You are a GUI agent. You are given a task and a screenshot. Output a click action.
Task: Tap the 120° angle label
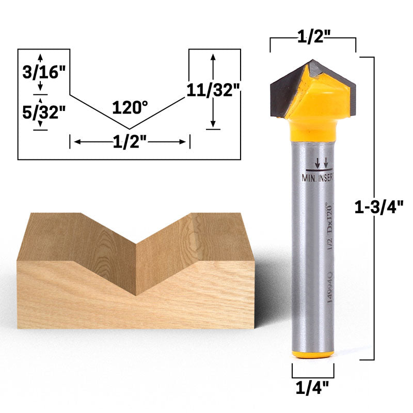[130, 107]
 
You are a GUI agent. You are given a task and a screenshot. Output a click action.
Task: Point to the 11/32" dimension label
[213, 90]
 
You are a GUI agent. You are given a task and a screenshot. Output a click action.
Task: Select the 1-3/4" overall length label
[381, 206]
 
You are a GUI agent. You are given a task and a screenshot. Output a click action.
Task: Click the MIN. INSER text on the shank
[317, 178]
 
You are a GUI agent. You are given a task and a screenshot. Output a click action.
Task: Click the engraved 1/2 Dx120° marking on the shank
[326, 227]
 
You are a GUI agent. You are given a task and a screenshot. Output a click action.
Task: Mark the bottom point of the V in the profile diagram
[129, 129]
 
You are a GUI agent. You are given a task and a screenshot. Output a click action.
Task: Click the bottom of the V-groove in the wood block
[136, 295]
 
